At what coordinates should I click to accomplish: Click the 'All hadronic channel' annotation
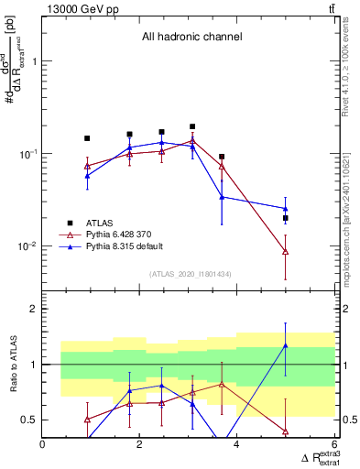[191, 37]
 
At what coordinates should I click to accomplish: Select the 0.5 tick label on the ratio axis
[27, 420]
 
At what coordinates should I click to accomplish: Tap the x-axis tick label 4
[237, 446]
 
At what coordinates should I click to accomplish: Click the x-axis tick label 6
[334, 446]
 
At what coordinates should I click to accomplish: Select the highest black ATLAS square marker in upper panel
[192, 126]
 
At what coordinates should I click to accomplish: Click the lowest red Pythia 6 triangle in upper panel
[286, 251]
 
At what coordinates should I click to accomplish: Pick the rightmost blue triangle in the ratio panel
[286, 345]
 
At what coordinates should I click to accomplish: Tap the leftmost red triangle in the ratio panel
[87, 420]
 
